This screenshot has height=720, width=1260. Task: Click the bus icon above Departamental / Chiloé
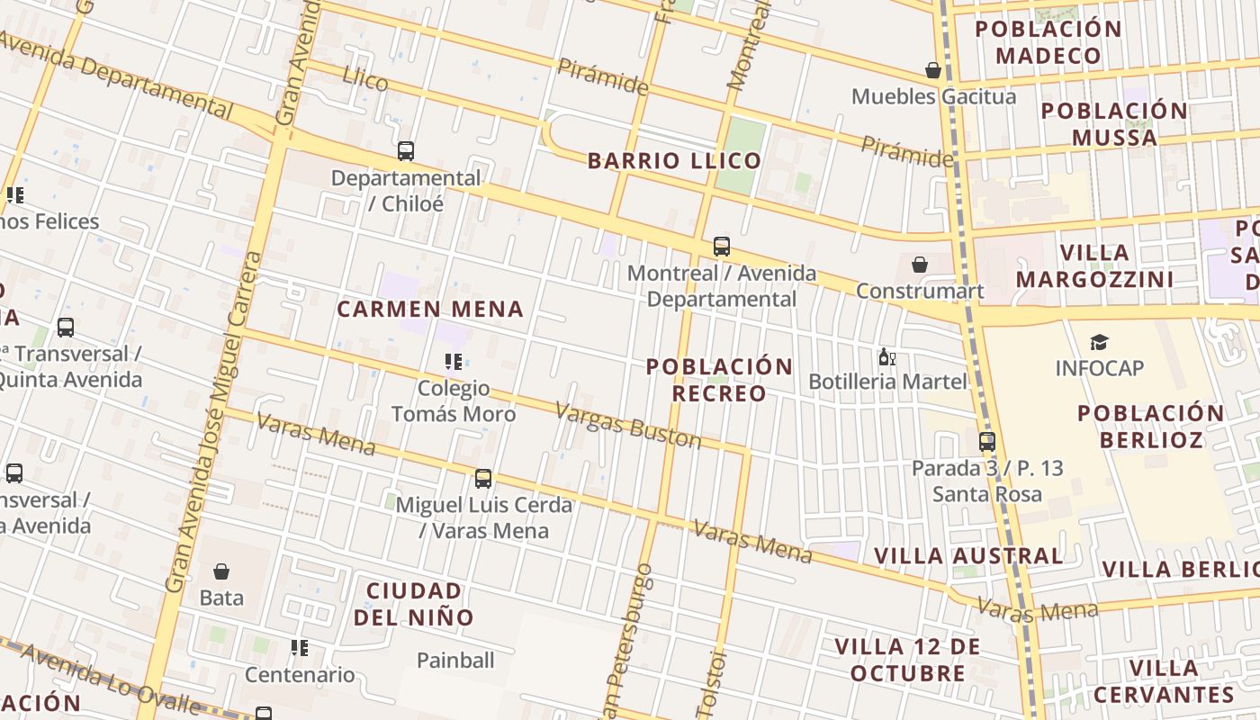406,151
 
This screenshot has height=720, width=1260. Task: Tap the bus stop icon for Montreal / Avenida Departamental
721,247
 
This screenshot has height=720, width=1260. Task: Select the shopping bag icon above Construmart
920,265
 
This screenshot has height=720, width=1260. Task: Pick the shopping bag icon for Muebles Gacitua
933,70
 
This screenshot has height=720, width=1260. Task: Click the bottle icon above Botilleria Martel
886,357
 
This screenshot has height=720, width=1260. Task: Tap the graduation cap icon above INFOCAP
1099,342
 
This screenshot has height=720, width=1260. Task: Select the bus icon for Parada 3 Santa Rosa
987,442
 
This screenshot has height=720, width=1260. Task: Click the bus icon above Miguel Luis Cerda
483,479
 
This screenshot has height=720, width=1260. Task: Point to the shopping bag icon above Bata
221,571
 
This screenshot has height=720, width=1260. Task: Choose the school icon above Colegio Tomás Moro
454,362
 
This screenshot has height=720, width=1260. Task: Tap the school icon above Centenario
300,648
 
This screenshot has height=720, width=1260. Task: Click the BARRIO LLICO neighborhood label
674,161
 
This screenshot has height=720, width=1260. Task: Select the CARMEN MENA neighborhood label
430,310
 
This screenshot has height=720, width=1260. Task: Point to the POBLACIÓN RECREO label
719,380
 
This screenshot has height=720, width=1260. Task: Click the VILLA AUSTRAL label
968,556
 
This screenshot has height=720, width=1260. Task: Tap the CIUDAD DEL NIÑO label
414,604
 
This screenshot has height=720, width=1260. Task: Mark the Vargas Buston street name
627,425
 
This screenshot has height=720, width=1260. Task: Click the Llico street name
365,80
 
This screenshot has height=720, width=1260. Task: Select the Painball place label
455,661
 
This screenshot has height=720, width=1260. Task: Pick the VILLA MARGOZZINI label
1094,265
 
